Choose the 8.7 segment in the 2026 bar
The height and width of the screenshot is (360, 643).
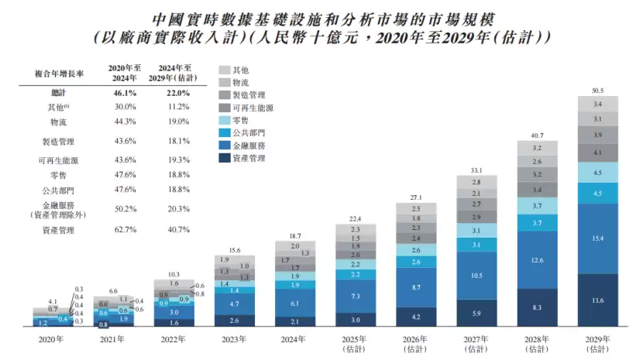tap(417, 287)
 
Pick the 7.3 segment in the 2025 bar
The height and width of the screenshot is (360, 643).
tap(356, 297)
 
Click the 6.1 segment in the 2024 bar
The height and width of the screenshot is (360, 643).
tap(295, 303)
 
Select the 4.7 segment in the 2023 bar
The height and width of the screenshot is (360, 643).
tap(235, 305)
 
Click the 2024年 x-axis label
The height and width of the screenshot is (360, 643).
tap(295, 339)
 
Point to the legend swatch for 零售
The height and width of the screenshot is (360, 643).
tap(225, 120)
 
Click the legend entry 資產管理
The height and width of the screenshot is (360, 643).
tap(249, 158)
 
